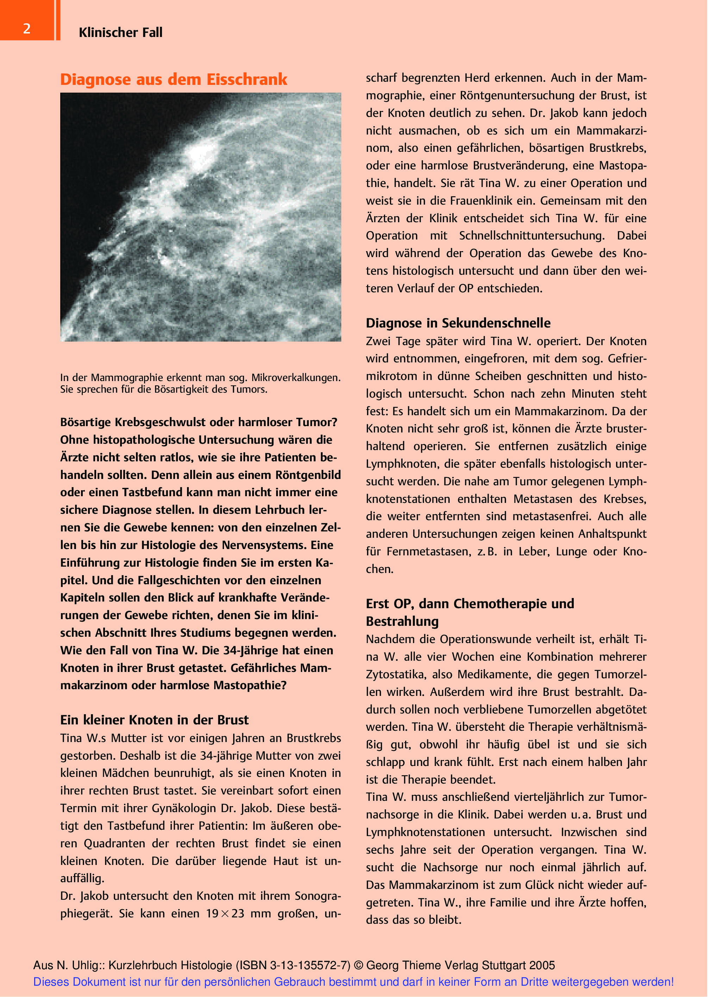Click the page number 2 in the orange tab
(27, 29)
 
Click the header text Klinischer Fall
(120, 32)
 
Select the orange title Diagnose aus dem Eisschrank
(173, 80)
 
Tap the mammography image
(200, 217)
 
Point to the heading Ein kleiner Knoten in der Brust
(154, 720)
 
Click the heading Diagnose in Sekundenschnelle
(458, 323)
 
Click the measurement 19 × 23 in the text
(225, 914)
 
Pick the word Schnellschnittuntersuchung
(531, 236)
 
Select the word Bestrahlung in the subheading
(402, 621)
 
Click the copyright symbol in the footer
(359, 965)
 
